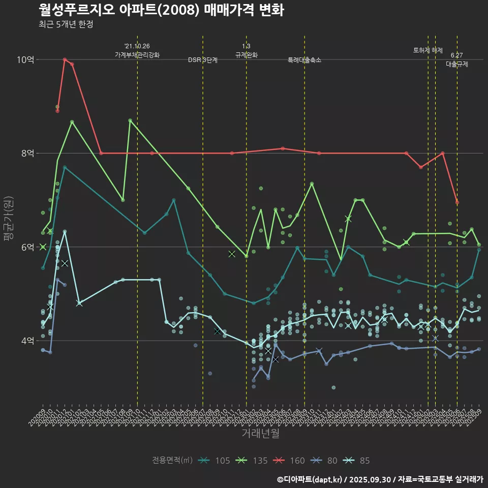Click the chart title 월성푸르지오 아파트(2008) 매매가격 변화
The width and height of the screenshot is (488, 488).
point(161,10)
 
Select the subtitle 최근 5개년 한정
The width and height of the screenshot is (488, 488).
point(66,24)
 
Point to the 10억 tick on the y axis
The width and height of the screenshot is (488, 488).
point(25,59)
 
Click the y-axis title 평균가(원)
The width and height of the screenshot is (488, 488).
point(8,219)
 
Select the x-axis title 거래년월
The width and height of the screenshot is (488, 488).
point(260,434)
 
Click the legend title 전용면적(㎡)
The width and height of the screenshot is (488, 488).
point(172,461)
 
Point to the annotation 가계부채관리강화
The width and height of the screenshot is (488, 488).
point(137,55)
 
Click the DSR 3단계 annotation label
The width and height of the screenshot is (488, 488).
point(203,60)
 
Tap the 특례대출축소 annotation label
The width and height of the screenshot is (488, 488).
point(304,60)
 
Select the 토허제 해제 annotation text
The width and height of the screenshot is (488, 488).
point(428,50)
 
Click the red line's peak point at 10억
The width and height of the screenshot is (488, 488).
point(65,59)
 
